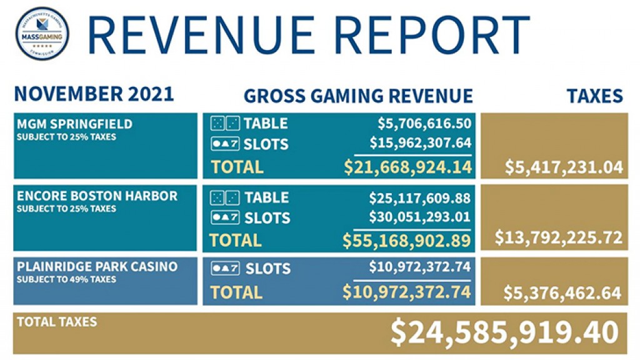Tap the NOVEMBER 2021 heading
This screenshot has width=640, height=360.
coord(94,95)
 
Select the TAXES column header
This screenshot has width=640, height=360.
coord(594,96)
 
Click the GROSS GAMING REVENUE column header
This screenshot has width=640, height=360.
coord(358,96)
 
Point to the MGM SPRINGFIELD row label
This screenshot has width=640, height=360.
coord(74,124)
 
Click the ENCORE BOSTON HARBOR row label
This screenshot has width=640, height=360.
coord(97,196)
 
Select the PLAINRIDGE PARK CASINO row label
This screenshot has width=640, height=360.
coord(97,266)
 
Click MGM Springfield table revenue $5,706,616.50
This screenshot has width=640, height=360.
coord(424,124)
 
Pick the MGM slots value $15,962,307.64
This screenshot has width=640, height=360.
coord(420,143)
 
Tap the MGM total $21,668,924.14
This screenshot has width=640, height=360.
coord(407,167)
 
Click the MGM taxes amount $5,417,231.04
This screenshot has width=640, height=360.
coord(563,167)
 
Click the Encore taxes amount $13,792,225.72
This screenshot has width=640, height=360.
coord(559,237)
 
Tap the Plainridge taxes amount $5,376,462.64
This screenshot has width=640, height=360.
coord(562,292)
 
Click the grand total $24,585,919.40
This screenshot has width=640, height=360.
coord(504,331)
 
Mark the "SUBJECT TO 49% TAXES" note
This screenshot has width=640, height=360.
coord(66,279)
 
